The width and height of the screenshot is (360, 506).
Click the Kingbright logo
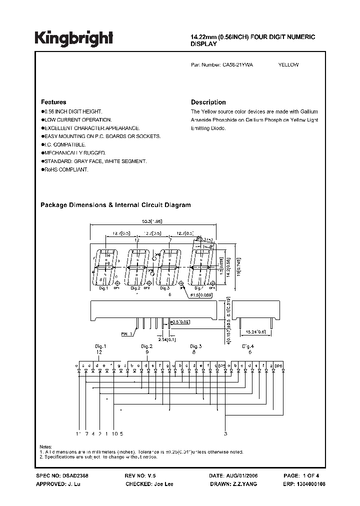pyautogui.click(x=73, y=38)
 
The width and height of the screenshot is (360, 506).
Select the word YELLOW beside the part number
pyautogui.click(x=288, y=65)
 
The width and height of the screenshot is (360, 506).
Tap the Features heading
pyautogui.click(x=53, y=102)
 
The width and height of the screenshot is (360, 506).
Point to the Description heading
pyautogui.click(x=208, y=102)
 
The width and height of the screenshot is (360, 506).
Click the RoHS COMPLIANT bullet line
pyautogui.click(x=65, y=170)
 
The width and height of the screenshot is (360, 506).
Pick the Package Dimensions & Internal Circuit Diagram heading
pyautogui.click(x=115, y=205)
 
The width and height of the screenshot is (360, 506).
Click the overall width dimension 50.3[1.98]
pyautogui.click(x=152, y=220)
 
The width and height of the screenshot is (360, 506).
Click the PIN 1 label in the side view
pyautogui.click(x=113, y=333)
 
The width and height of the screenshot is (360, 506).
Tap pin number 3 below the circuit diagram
pyautogui.click(x=225, y=433)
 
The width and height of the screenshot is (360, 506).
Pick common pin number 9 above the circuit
pyautogui.click(x=147, y=352)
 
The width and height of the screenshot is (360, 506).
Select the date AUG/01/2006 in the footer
pyautogui.click(x=252, y=477)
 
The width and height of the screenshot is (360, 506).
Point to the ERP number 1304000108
pyautogui.click(x=324, y=484)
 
